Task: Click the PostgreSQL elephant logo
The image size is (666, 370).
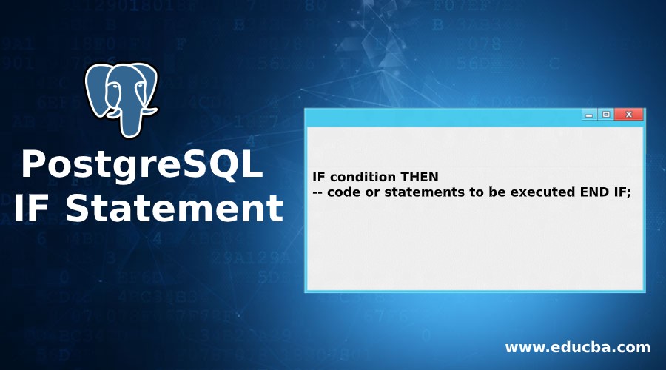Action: tap(121, 100)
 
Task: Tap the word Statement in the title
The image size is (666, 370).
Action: tap(174, 208)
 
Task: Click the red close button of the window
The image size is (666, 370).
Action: tap(628, 114)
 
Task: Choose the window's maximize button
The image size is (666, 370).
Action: tap(606, 114)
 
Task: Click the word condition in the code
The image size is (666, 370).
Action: tap(363, 177)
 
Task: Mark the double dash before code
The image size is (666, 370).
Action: tap(317, 192)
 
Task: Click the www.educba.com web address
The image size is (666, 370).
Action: tap(578, 348)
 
